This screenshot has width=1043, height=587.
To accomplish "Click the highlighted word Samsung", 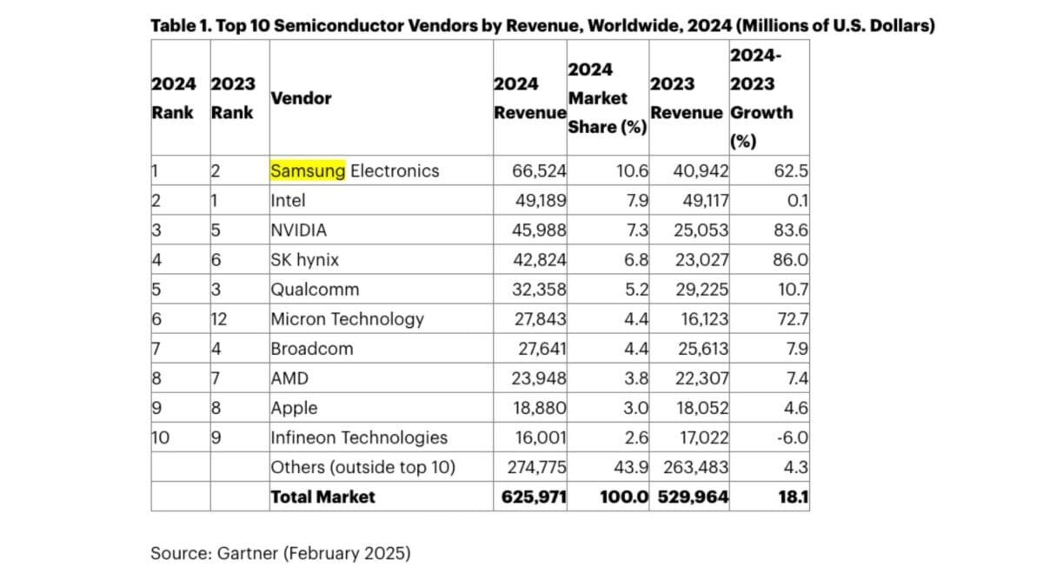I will click(308, 170).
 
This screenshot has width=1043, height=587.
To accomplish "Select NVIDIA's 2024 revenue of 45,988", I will click(541, 230).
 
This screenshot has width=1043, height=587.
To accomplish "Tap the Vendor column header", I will click(301, 98).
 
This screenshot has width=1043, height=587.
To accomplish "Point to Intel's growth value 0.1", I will click(798, 200).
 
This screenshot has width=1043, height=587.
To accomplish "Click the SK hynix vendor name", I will click(305, 259).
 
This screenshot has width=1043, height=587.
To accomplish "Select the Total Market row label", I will click(322, 497).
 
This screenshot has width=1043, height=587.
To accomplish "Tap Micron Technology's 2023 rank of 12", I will click(219, 319).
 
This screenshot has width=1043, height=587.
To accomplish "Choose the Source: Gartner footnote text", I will click(280, 553).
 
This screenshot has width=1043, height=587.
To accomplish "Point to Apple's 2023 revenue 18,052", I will click(701, 408).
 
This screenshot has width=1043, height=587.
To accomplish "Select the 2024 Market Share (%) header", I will click(607, 98).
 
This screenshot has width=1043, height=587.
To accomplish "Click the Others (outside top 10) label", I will click(363, 467).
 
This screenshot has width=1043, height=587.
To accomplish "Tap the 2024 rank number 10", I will click(161, 437).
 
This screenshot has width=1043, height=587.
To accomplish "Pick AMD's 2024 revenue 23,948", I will click(541, 378).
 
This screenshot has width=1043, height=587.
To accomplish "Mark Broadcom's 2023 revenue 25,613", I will click(701, 349).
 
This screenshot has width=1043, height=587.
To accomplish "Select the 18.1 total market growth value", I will click(794, 497).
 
